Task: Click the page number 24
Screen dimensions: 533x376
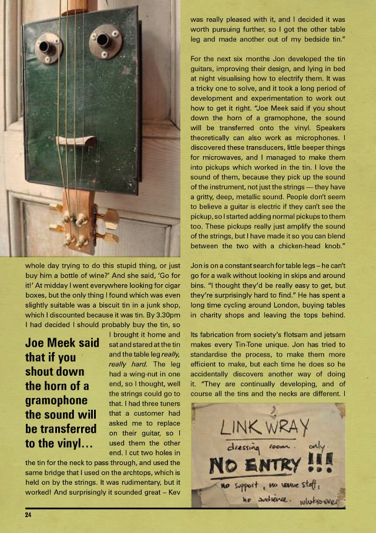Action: (x=28, y=515)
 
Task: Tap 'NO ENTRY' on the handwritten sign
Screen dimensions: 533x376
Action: (x=256, y=466)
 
